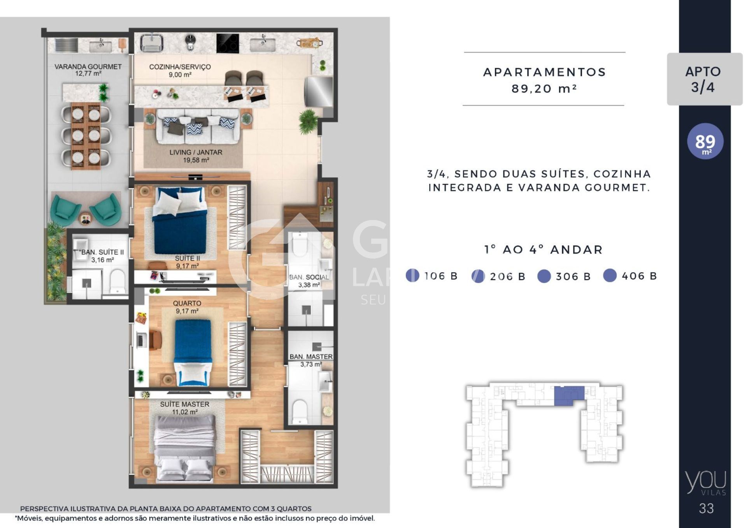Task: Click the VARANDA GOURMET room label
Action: coord(88,66)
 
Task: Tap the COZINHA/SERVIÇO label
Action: coord(180,67)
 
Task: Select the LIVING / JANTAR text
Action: coord(196,152)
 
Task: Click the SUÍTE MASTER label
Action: coord(184,404)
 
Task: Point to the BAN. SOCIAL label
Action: coord(309,277)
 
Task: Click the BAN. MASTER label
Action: coord(311,357)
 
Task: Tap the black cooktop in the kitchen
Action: coord(228,43)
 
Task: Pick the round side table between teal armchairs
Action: coord(86,219)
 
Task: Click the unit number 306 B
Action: coord(573,276)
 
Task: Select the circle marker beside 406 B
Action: coord(610,275)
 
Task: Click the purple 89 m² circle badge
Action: coord(705,142)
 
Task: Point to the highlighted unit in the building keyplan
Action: coord(569,396)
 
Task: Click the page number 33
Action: coord(706,508)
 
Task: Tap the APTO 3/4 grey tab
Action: coord(704,79)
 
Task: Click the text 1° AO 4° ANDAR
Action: coord(543,250)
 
